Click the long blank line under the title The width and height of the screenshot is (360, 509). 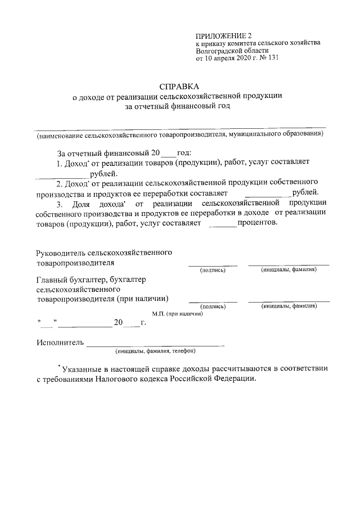click(x=179, y=129)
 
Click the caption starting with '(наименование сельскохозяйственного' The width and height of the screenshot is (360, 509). click(x=179, y=135)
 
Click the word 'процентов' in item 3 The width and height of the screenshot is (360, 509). click(x=258, y=223)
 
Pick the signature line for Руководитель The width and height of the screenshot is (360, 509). click(x=212, y=264)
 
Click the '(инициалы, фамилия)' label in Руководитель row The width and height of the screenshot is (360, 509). click(x=289, y=270)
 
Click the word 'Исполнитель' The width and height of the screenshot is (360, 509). click(x=60, y=342)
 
